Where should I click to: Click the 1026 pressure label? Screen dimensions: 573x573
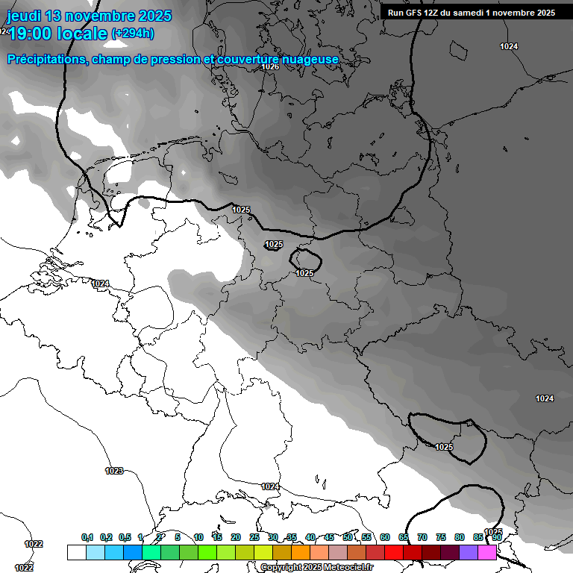(x=270, y=67)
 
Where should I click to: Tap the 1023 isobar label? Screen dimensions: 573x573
(x=114, y=471)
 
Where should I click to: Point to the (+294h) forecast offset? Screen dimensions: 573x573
(x=133, y=34)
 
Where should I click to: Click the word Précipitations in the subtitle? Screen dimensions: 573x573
(x=46, y=59)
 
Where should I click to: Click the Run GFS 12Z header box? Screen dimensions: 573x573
(x=471, y=13)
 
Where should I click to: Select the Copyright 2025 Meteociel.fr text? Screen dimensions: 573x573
(x=317, y=568)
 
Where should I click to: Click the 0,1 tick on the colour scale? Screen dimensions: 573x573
(x=87, y=537)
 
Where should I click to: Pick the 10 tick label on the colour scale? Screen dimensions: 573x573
(x=198, y=537)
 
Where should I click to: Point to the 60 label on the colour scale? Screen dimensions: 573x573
(x=385, y=537)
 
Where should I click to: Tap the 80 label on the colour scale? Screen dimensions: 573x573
(x=460, y=537)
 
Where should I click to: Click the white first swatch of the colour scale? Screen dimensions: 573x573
(x=76, y=552)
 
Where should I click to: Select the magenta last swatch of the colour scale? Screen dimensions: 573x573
(x=487, y=552)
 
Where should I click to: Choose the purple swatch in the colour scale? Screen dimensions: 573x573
(x=469, y=552)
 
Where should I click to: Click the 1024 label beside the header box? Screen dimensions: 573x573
(x=509, y=46)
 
